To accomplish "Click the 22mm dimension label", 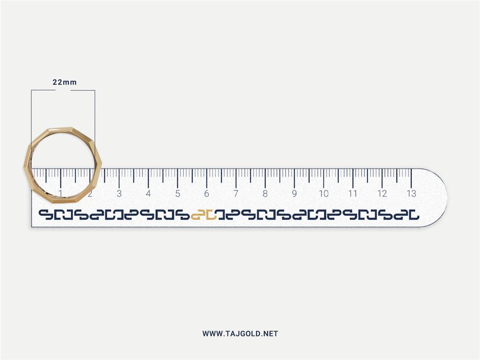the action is click(65, 82).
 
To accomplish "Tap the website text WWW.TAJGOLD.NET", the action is click(240, 334).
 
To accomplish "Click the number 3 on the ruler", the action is click(119, 193).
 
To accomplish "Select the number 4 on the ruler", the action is click(148, 193).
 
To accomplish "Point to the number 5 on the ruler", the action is click(178, 193).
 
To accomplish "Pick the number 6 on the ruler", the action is click(206, 193).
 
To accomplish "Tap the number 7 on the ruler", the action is click(236, 193).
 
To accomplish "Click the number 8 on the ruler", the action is click(265, 193).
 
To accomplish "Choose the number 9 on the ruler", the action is click(294, 193).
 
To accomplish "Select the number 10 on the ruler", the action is click(324, 193).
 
